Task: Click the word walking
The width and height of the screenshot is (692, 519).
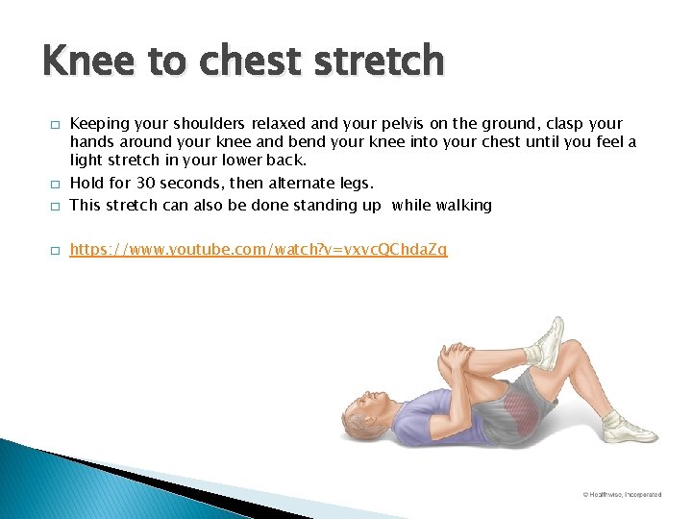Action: (460, 205)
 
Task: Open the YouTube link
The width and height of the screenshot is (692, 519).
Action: (259, 250)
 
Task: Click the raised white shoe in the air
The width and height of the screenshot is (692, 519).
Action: (546, 344)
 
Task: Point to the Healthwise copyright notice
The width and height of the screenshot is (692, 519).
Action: (622, 494)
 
